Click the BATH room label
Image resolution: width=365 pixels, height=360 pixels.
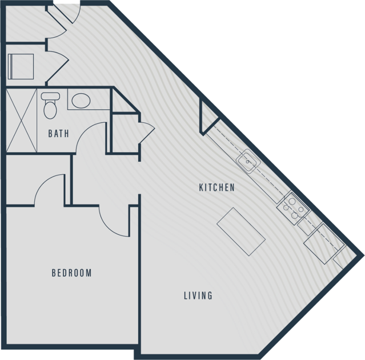[x=58, y=133]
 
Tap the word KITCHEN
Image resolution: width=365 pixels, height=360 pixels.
[x=216, y=187]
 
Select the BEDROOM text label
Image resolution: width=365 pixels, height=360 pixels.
[x=72, y=273]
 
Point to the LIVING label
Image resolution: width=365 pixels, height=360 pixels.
[x=198, y=295]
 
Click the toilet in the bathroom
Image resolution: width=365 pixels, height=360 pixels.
[x=50, y=105]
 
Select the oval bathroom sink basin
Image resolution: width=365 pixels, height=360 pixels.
[x=81, y=101]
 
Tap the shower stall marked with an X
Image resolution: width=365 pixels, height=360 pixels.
[x=21, y=121]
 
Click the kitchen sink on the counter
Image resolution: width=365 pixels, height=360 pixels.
[x=248, y=161]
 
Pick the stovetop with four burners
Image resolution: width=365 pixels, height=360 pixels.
[x=293, y=209]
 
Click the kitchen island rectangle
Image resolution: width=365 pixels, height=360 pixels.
[x=241, y=231]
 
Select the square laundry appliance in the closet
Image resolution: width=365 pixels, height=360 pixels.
[x=21, y=66]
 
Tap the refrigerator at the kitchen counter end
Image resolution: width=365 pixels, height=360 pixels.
[x=324, y=243]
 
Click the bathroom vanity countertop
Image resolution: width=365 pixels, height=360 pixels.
[x=89, y=99]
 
